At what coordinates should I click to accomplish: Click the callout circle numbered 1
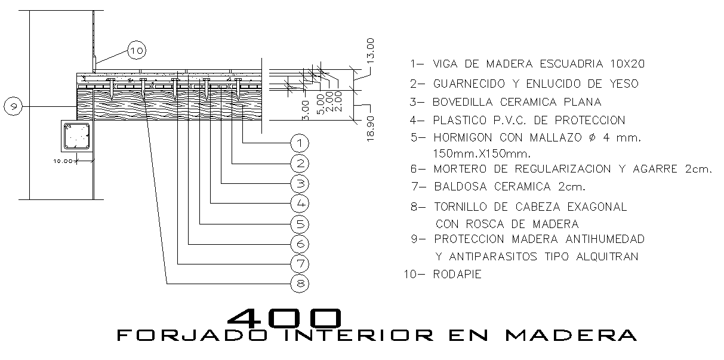(300, 143)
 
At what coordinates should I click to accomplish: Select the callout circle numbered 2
(300, 163)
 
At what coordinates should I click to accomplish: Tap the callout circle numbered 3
(300, 183)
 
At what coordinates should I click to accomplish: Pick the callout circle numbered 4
(300, 204)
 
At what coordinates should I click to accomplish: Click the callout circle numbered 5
(300, 224)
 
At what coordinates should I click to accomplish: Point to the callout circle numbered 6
(300, 244)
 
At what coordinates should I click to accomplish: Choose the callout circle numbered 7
(300, 264)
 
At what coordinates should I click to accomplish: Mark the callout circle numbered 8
(300, 284)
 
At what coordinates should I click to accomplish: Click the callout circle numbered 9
(13, 107)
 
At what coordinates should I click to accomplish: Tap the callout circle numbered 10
(136, 51)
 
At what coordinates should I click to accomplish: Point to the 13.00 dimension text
(371, 51)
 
